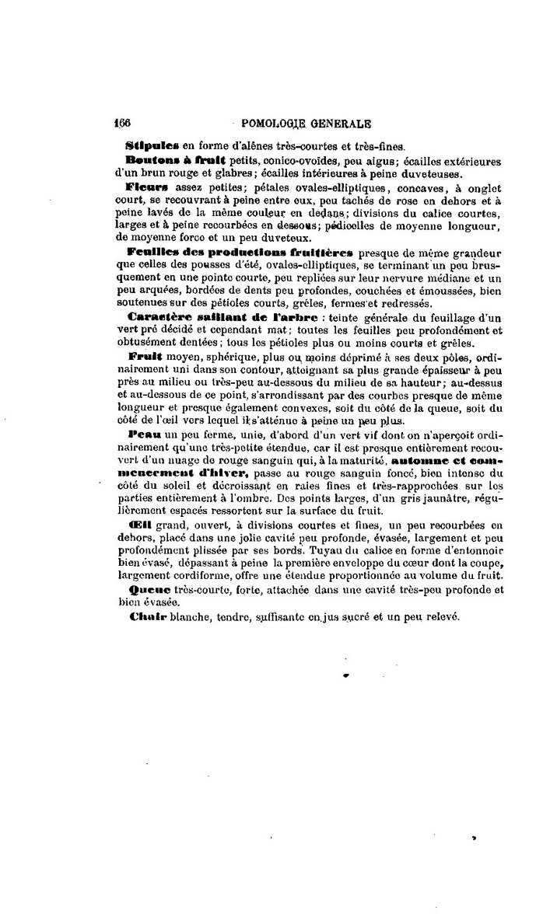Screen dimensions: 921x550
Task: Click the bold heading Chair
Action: click(142, 617)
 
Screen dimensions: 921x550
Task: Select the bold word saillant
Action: click(206, 318)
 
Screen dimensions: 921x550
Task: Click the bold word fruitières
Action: click(319, 253)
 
